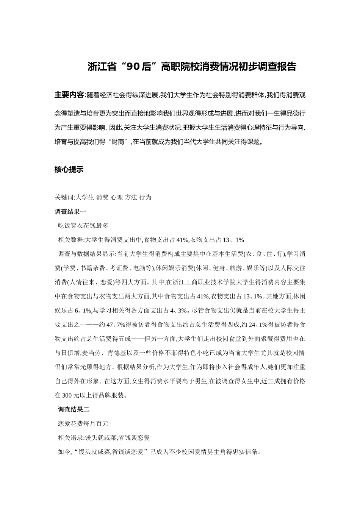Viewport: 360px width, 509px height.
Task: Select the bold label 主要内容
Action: point(69,95)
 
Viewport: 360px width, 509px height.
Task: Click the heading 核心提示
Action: point(69,170)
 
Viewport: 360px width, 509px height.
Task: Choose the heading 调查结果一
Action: point(70,211)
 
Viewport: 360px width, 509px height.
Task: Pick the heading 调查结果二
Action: point(74,409)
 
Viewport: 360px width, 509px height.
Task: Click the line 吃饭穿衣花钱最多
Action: point(83,225)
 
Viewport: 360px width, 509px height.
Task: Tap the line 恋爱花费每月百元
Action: point(83,423)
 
